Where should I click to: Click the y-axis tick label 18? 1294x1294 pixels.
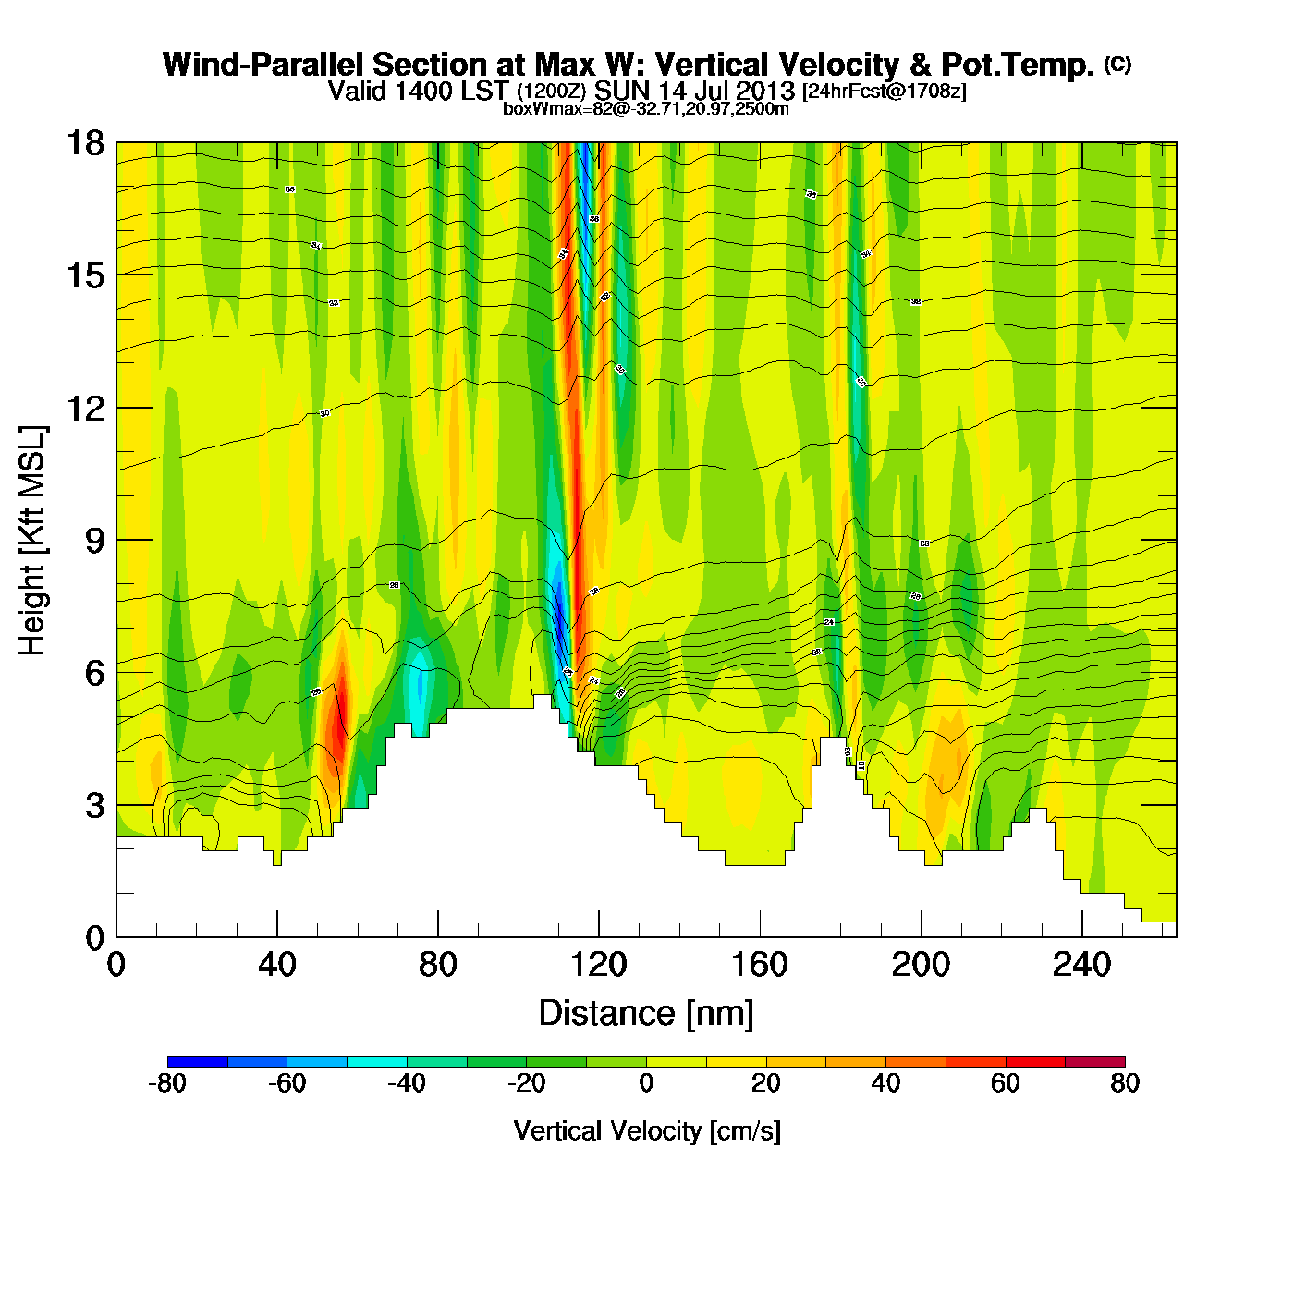(84, 143)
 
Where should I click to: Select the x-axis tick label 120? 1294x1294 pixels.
(598, 966)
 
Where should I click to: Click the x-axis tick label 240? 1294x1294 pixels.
(1080, 966)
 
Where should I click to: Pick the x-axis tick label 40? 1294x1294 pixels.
(276, 966)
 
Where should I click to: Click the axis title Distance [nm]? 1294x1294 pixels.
(646, 1014)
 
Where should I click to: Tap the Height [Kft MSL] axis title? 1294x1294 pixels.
(32, 541)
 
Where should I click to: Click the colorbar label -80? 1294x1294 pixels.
(167, 1083)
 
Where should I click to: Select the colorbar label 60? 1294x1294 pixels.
(1005, 1083)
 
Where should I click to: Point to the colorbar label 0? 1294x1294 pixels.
(646, 1083)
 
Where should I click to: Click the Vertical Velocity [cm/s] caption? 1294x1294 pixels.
(647, 1130)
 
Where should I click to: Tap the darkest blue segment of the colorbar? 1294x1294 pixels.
(197, 1062)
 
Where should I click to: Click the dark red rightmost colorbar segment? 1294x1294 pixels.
(1094, 1062)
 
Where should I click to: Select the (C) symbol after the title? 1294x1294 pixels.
(1117, 64)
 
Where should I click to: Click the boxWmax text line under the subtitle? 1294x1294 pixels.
(645, 109)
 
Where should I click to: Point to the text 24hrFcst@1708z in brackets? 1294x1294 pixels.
(884, 92)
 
